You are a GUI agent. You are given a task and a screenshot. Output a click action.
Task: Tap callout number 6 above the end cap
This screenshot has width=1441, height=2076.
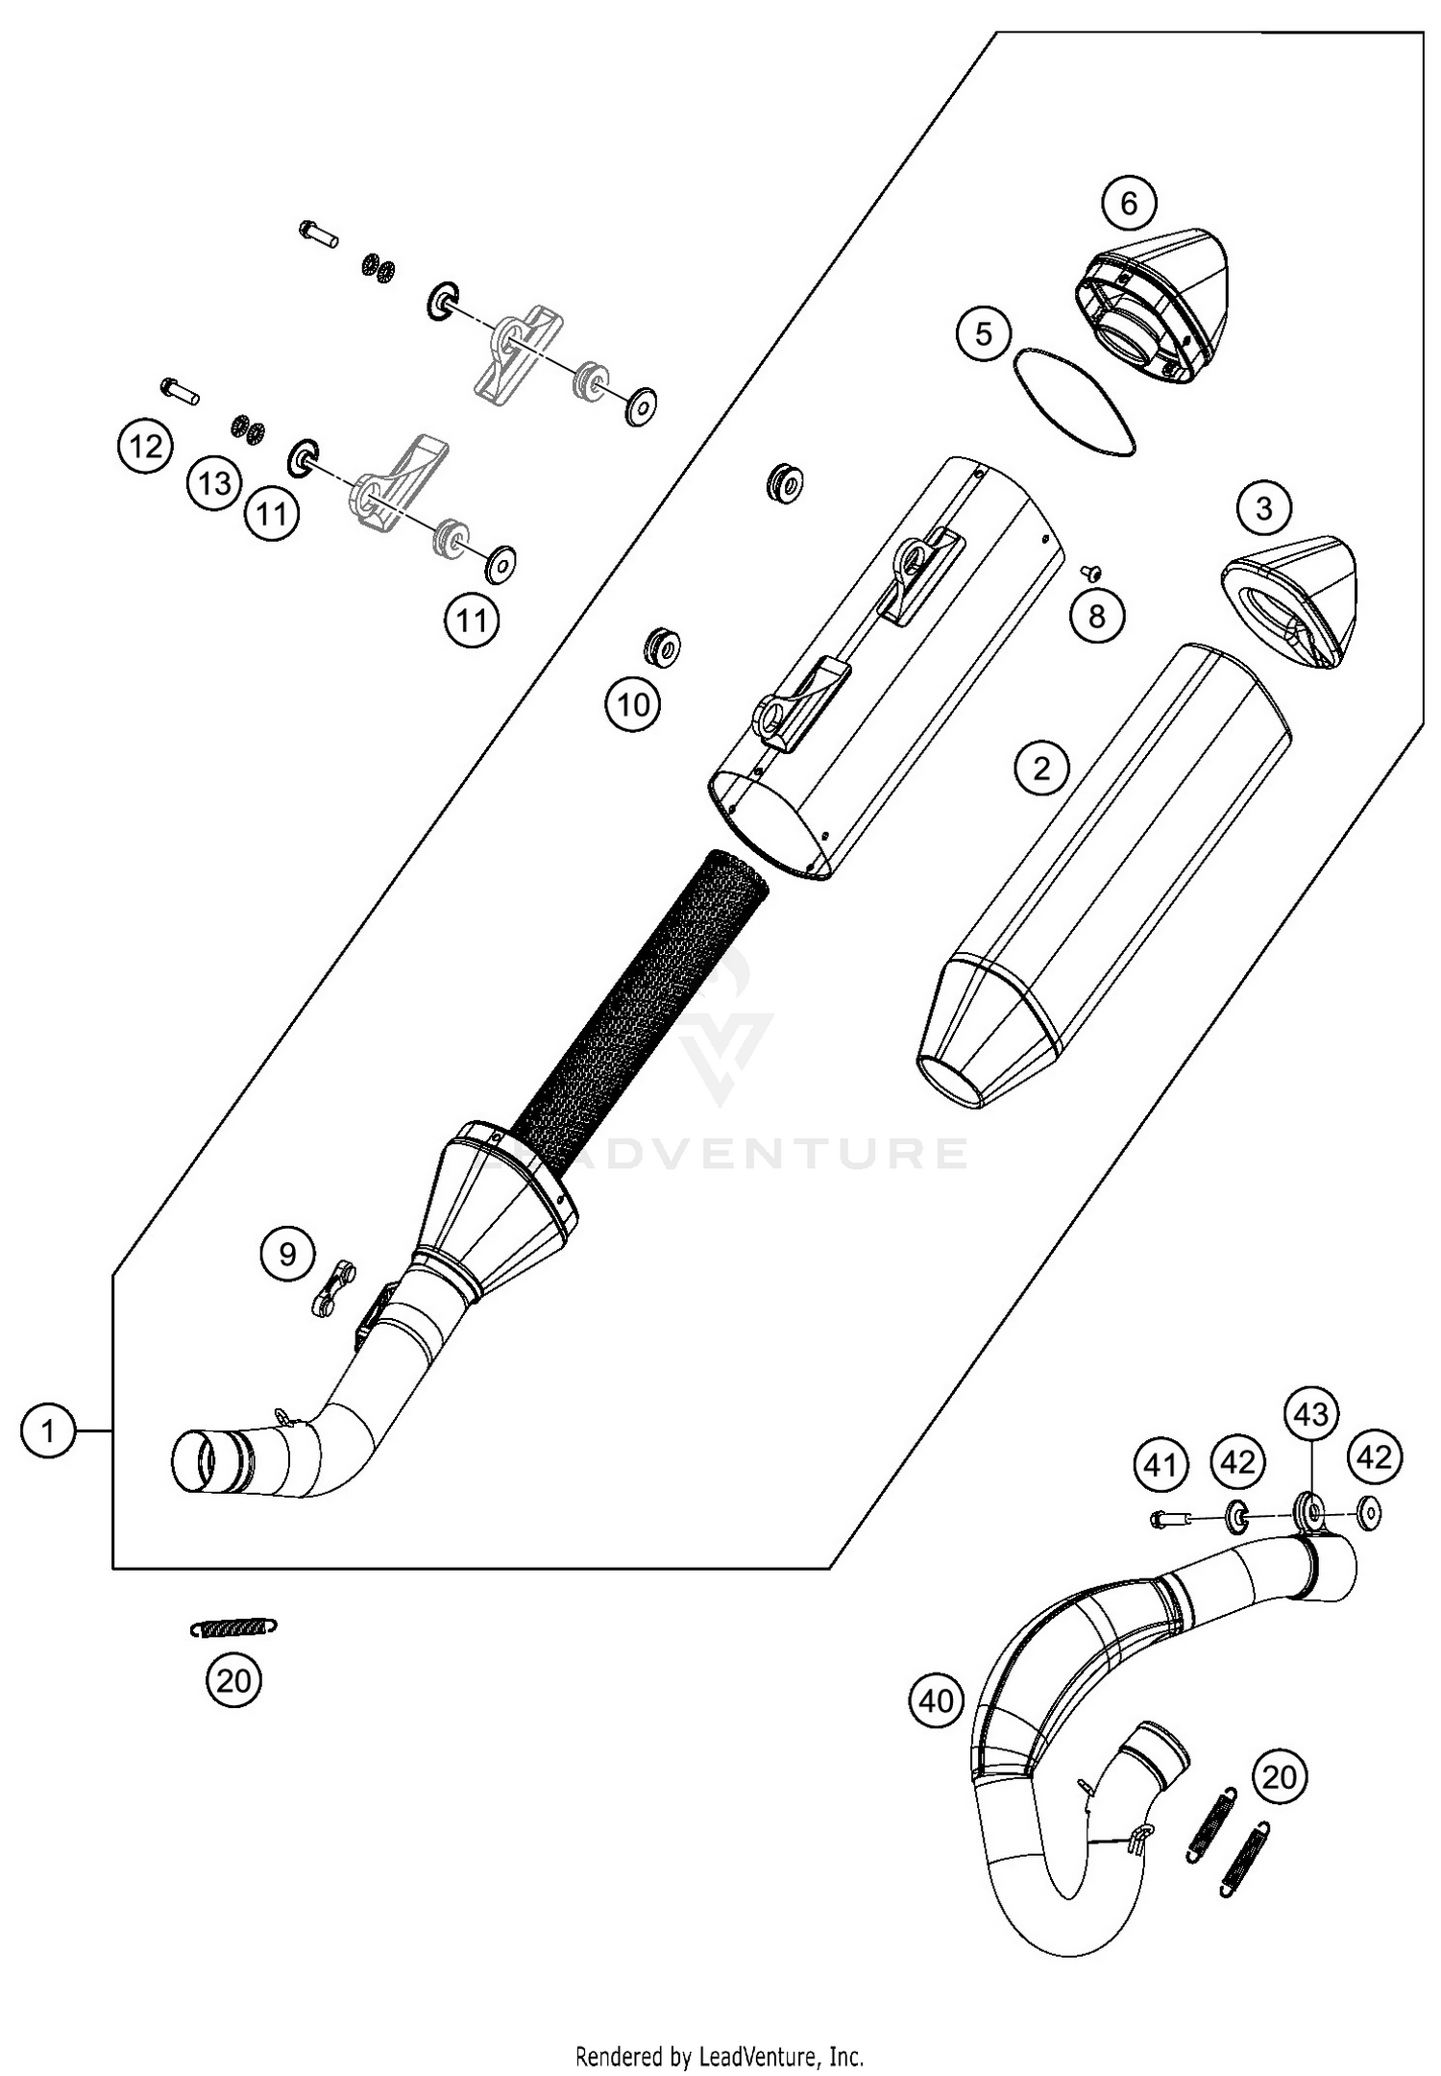point(1129,203)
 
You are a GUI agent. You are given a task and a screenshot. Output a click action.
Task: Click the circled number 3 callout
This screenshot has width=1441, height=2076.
point(1264,507)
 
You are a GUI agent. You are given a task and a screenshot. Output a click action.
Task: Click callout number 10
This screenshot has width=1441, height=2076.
point(632,705)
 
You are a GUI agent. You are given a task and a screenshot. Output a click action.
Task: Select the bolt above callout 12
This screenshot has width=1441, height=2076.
point(179,390)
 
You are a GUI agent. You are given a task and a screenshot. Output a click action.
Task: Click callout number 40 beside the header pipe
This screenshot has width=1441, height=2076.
point(937,1701)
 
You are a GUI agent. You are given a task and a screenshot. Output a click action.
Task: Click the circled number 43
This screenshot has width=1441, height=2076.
point(1312,1413)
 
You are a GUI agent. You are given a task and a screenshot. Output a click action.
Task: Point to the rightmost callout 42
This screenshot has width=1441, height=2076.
point(1374,1457)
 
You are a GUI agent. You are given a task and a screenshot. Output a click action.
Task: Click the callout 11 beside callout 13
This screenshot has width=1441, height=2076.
point(272,514)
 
